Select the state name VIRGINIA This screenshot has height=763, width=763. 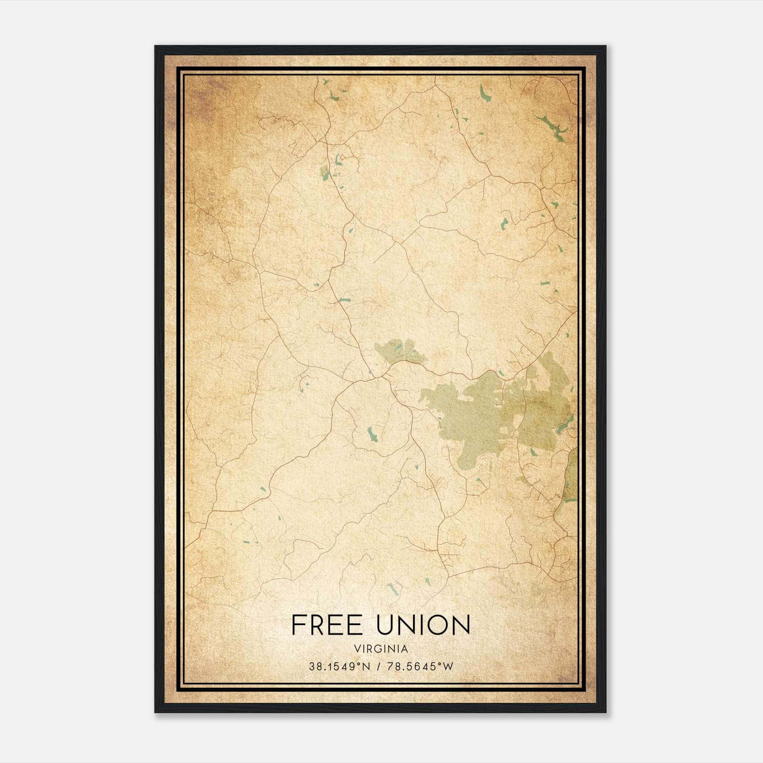coord(381,649)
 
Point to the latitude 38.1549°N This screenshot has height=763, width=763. coord(339,667)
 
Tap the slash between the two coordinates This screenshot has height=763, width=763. coord(378,667)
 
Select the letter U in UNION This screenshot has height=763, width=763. coord(386,625)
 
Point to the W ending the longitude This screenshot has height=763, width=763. coord(448,667)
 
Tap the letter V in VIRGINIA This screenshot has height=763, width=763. coord(357,649)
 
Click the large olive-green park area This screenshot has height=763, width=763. coord(477,415)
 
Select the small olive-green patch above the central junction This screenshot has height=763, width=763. coord(399,351)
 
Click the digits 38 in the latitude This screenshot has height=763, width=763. coord(315,667)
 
